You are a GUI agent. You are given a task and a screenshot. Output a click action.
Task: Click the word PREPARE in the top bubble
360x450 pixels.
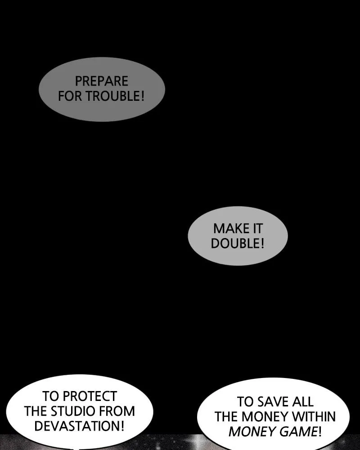coord(101,81)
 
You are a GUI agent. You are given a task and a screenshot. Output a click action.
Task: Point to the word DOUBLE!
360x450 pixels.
coord(238,243)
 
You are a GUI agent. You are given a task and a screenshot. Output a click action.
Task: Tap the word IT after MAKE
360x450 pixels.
coord(256,229)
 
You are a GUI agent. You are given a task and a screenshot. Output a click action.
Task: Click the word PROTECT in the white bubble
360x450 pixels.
coord(90,396)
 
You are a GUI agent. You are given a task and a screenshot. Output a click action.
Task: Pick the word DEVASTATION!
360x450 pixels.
coord(79,426)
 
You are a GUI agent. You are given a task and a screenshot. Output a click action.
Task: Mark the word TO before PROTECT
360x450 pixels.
coord(51,396)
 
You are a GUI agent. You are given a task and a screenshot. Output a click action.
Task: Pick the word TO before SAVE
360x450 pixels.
coord(246,401)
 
